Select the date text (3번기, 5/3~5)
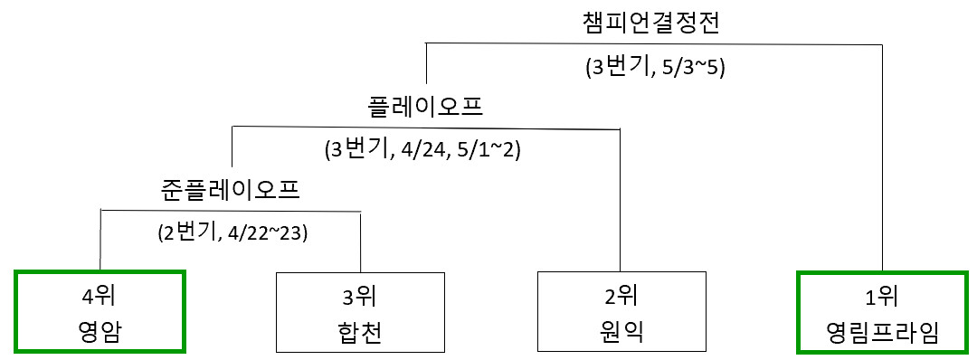tap(654, 67)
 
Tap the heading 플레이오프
tap(426, 107)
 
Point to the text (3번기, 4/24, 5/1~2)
tap(422, 151)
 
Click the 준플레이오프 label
tap(230, 189)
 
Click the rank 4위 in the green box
tap(100, 297)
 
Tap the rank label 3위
tap(361, 297)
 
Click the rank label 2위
tap(621, 297)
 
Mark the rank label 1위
tap(883, 297)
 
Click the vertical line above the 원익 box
tap(620, 200)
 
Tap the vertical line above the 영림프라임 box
tap(883, 157)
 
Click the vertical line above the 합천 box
tap(361, 242)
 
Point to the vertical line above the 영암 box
tap(100, 240)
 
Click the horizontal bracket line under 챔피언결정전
tap(654, 43)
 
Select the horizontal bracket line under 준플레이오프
tap(231, 212)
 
